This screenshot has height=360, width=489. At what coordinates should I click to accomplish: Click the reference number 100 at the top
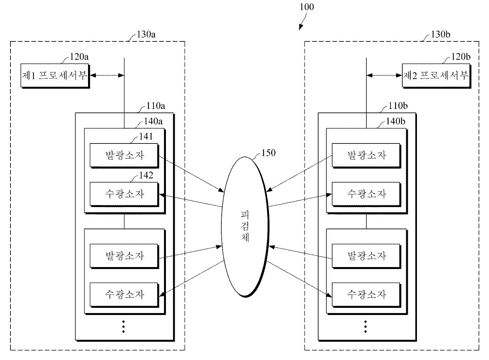307,7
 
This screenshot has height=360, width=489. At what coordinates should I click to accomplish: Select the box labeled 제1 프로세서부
55,76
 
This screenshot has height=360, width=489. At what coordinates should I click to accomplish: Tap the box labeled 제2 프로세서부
437,76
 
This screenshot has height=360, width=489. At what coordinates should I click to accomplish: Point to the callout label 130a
146,35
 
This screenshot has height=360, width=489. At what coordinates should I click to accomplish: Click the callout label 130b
440,35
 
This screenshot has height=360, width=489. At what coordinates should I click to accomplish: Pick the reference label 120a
79,57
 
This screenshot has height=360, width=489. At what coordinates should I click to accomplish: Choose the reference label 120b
461,57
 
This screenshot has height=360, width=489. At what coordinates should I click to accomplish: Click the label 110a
156,106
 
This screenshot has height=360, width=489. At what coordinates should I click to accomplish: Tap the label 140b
395,121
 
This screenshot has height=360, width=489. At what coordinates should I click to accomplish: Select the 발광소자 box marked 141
124,156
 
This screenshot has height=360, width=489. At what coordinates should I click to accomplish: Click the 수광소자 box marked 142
124,194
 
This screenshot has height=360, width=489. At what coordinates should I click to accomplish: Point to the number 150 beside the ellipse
269,153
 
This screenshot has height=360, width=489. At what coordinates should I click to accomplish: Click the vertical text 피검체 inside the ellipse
245,226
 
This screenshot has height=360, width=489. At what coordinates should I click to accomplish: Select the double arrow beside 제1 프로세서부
107,76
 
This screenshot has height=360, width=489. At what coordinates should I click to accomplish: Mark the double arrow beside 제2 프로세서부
384,76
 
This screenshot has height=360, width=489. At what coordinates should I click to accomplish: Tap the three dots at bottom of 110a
124,327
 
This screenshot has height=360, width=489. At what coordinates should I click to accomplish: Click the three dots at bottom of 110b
365,327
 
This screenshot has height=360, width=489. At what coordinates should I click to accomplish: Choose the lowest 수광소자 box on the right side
366,295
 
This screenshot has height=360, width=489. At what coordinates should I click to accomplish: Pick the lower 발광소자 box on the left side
124,256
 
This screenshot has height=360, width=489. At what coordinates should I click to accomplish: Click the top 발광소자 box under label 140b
366,156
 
